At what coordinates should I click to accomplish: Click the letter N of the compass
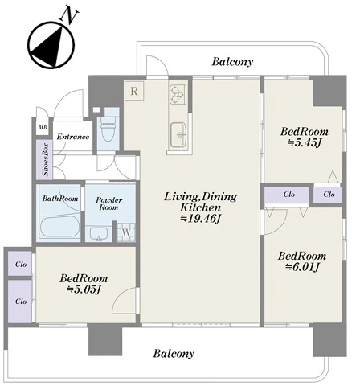coord(69,16)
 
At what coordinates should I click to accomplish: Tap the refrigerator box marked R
coord(134,91)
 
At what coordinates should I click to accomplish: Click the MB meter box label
coord(43,127)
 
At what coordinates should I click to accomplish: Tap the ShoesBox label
coord(46,160)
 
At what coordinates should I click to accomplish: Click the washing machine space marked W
coord(126,232)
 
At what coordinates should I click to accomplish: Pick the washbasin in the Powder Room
coord(99,234)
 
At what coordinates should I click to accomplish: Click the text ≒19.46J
coord(200,219)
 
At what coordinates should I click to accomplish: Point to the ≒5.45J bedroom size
coord(305,143)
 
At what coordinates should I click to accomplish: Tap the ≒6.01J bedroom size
coord(302,267)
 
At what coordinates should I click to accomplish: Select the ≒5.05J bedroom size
coord(84,289)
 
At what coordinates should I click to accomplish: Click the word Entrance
coord(73,137)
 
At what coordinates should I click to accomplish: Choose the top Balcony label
coord(232,62)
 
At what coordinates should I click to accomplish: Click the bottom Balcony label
coord(174,354)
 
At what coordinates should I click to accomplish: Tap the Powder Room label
coord(108,203)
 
